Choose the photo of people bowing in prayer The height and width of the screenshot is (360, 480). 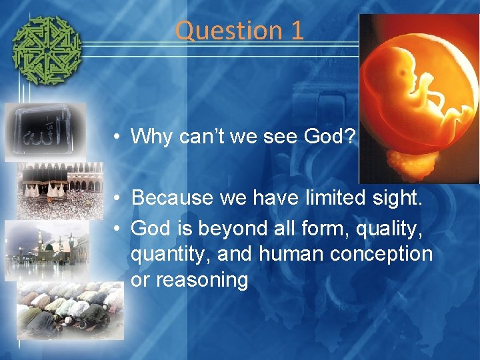click(71, 310)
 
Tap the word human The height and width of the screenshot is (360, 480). click(285, 254)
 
